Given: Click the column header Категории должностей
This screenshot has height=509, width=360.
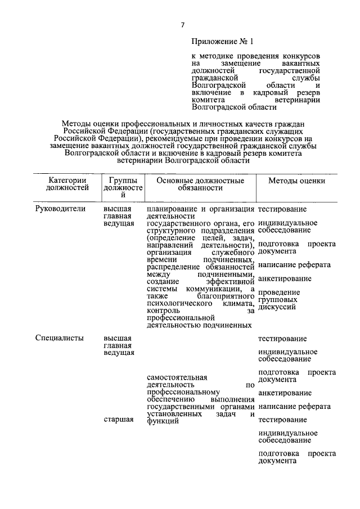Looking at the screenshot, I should tap(67, 185).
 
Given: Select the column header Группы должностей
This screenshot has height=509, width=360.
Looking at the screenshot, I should tap(123, 190).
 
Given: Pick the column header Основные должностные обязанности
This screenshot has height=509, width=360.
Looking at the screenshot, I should tap(200, 185).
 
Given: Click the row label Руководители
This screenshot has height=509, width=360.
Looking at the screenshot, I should tap(60, 209).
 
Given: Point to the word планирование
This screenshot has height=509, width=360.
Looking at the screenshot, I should tap(168, 209).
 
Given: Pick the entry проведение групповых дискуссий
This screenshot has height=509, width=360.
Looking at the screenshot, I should tap(279, 300).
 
